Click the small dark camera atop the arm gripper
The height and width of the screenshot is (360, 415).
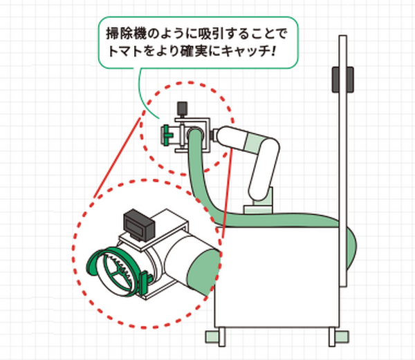click(183, 108)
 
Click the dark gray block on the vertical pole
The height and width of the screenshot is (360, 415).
click(338, 78)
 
